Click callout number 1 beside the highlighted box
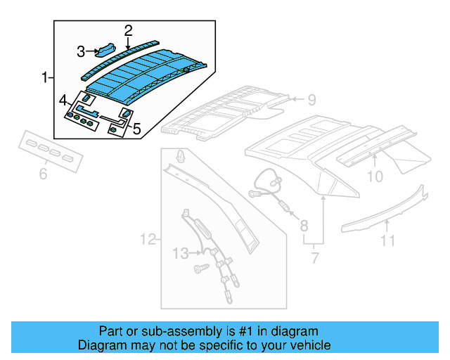tap(45, 77)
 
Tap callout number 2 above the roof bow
tap(128, 30)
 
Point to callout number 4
tap(63, 100)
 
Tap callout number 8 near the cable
tap(304, 226)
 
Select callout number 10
tap(375, 176)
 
